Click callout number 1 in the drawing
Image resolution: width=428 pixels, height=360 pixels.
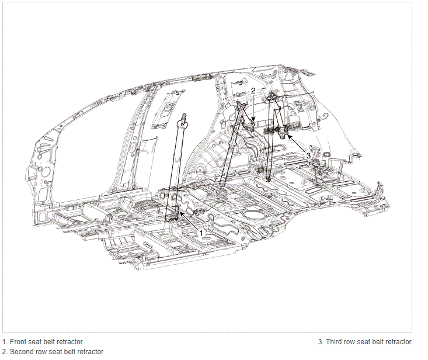coord(201,233)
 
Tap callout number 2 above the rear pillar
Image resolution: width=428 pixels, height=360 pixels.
coord(253,91)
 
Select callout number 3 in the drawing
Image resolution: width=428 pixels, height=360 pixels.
coord(308,155)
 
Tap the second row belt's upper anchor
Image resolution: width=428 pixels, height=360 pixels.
coord(240,105)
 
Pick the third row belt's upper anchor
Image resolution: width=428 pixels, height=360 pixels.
coord(272,96)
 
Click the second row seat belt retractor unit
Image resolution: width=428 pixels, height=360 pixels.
coord(250,125)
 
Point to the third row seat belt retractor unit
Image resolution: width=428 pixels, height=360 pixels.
coord(283,132)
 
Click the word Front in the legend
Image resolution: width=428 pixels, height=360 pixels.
coord(18,342)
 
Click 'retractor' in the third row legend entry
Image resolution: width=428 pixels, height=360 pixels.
coord(399,342)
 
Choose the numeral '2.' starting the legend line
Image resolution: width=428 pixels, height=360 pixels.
coord(5,352)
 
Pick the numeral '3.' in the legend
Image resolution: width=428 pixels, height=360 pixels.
coord(321,342)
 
